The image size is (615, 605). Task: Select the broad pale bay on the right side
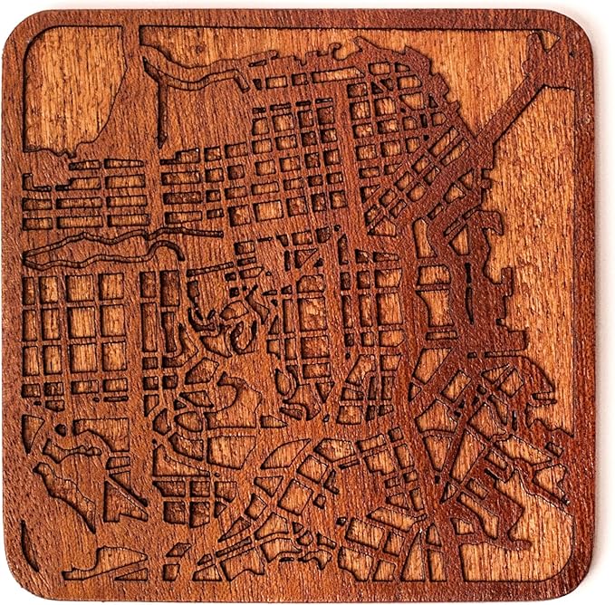tap(543, 226)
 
